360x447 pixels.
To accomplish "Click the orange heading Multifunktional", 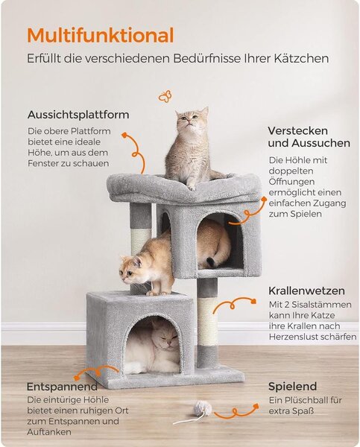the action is (101, 35).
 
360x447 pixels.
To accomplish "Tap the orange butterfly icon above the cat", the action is (165, 96).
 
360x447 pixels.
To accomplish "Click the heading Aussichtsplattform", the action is (78, 115).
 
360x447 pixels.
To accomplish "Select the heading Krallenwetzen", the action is (306, 291).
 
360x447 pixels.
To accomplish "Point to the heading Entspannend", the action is (62, 387).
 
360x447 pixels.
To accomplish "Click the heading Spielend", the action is (292, 387).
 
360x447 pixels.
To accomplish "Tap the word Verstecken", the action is (298, 131).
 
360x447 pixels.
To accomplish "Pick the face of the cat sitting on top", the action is (191, 120).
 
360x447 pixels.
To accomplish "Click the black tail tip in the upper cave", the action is (211, 262).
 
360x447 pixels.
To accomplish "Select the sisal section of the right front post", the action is (207, 322).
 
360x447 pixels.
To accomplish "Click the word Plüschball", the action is (304, 400).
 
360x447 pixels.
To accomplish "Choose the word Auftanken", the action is (49, 432).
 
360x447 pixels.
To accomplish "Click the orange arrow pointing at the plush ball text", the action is (236, 411).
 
